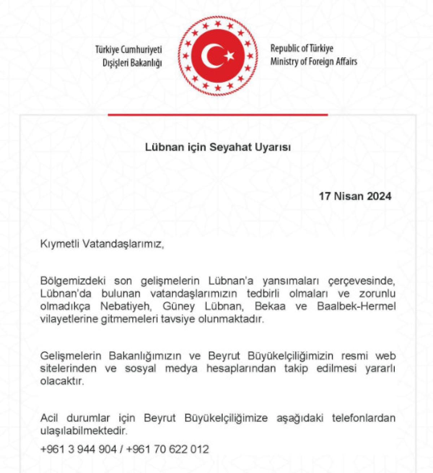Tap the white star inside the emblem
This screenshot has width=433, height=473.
coord(229,56)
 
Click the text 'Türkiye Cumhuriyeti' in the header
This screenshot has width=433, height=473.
coord(128,49)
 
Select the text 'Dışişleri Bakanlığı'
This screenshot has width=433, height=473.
coord(132,63)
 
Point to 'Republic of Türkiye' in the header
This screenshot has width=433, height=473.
coord(302,48)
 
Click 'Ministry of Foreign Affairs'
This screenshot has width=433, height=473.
coord(314,61)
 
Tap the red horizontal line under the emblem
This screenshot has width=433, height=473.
coord(218,115)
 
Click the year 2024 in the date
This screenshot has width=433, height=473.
coord(379,196)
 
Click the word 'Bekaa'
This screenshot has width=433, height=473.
coord(270,307)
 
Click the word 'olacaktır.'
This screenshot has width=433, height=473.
coord(62,381)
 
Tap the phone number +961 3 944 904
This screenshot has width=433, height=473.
coord(78,449)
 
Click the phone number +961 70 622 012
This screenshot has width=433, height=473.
coord(168,449)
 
